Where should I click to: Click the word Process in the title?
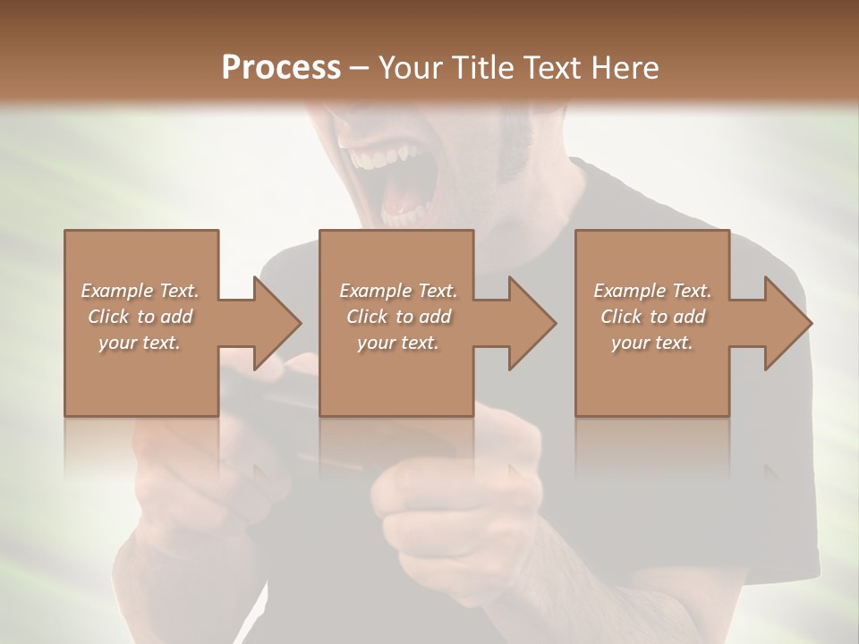point(281,67)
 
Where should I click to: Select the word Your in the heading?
point(410,67)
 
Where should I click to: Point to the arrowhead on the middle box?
point(532,323)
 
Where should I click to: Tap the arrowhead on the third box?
point(787,323)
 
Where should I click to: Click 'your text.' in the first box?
point(140,342)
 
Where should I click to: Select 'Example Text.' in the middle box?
point(397,291)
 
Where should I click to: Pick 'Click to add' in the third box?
point(652,317)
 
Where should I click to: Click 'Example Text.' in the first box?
point(140,291)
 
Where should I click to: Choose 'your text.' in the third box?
point(652,342)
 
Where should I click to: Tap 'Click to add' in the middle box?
point(397,317)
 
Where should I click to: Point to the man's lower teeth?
point(407,216)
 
